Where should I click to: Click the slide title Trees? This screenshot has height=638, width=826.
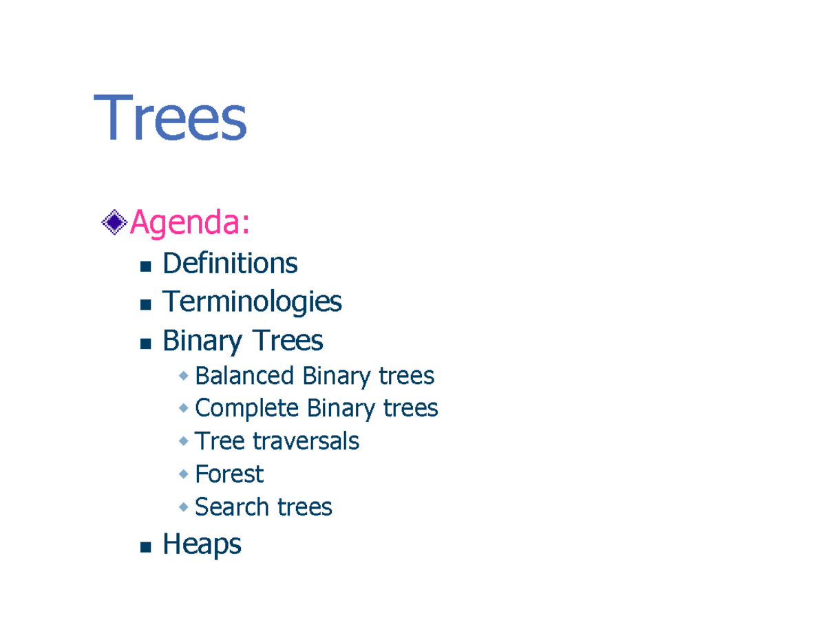(x=170, y=120)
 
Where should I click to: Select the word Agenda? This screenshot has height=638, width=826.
(x=189, y=222)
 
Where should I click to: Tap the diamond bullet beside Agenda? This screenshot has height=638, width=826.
(x=114, y=222)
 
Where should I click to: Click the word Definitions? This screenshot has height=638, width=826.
(x=230, y=264)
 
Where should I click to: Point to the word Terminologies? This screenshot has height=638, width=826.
(x=252, y=302)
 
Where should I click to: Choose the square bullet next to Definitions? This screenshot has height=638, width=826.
(x=145, y=266)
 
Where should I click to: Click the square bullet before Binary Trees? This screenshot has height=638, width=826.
(x=145, y=343)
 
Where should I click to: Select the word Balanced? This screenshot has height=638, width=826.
(x=244, y=376)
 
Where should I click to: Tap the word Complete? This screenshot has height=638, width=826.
(x=246, y=408)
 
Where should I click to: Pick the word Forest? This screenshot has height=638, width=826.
(x=229, y=474)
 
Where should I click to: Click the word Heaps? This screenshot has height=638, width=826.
(x=202, y=545)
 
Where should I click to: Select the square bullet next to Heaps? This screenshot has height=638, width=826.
(x=145, y=548)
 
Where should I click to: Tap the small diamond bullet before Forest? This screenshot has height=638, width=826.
(x=184, y=474)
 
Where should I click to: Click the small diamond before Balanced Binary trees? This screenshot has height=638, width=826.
(x=184, y=376)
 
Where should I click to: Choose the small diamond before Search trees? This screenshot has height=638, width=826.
(x=184, y=507)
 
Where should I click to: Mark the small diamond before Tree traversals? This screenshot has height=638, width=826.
(x=184, y=441)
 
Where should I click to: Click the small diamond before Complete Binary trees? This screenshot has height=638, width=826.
(x=184, y=408)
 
